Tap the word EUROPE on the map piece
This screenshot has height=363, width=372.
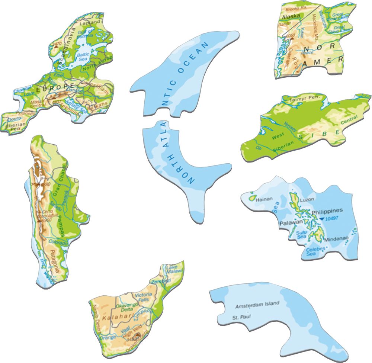pyautogui.click(x=55, y=86)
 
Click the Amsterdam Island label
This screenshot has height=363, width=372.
pyautogui.click(x=257, y=305)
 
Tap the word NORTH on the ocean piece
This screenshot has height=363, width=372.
pyautogui.click(x=186, y=169)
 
